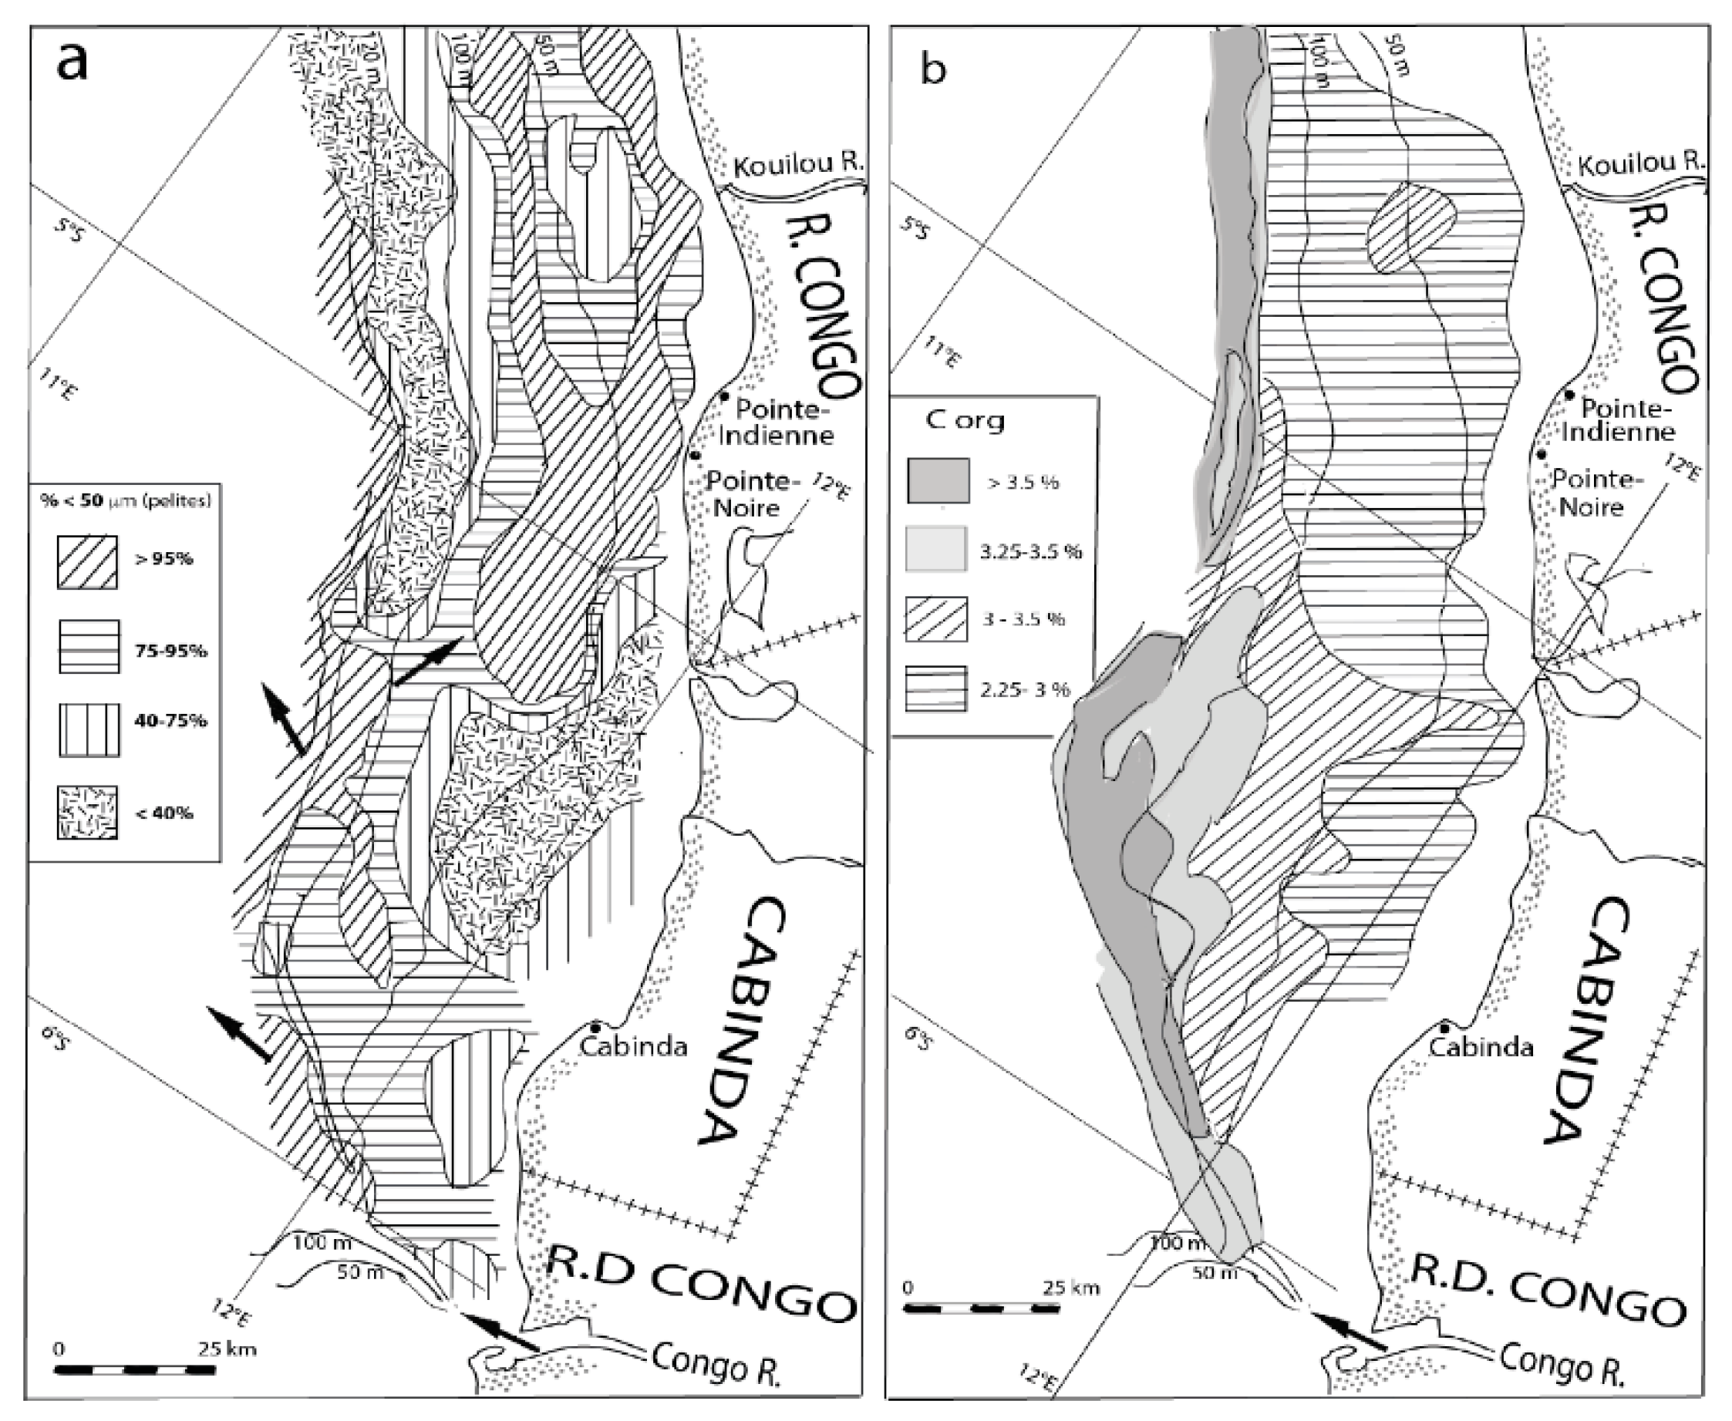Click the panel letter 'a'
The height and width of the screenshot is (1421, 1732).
point(72,62)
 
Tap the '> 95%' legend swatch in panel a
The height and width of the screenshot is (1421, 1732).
point(87,561)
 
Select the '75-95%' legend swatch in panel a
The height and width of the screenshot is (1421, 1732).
point(89,647)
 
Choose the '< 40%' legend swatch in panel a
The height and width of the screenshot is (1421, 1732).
point(87,812)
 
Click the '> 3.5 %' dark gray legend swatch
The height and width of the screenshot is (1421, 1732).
point(938,480)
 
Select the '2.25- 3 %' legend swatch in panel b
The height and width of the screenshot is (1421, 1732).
point(936,689)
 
